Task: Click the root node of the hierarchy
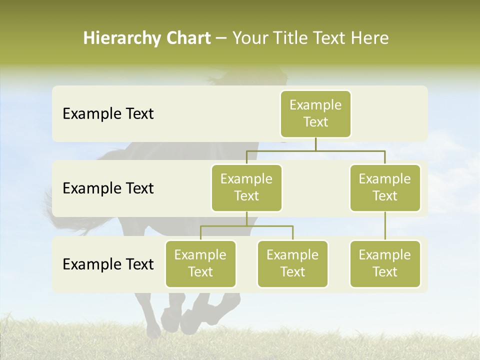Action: click(315, 113)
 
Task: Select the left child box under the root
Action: click(246, 187)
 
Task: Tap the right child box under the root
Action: click(385, 187)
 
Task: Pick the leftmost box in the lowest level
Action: click(200, 263)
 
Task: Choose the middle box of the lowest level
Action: click(292, 263)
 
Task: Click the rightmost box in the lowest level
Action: click(385, 263)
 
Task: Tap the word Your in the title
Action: click(250, 38)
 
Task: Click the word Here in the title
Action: click(370, 38)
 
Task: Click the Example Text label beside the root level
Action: click(108, 114)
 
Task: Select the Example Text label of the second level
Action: click(108, 188)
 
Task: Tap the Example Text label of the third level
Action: click(108, 264)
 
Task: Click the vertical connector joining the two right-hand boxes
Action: click(385, 225)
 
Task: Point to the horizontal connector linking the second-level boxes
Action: click(315, 150)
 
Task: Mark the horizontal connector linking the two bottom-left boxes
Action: click(246, 226)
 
